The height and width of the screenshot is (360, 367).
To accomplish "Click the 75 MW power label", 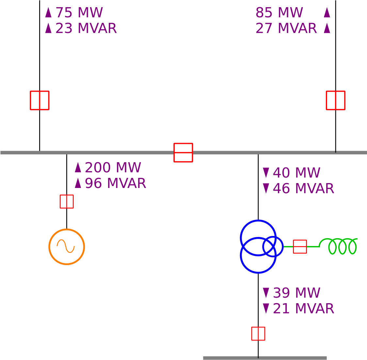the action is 79,12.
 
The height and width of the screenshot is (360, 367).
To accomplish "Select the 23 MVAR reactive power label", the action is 86,28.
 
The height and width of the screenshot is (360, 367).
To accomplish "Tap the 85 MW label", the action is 279,12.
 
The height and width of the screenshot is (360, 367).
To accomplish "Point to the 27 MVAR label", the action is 286,28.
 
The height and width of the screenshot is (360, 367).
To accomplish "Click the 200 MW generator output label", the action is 113,167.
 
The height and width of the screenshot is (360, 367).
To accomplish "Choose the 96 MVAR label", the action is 115,183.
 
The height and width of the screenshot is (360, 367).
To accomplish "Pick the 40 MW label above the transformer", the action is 296,173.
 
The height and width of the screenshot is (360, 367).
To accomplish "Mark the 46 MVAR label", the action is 303,189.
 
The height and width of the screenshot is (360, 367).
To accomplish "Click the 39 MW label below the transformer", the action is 296,293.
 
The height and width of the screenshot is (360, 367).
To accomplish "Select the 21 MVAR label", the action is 303,308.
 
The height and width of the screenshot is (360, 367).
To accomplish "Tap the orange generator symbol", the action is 67,229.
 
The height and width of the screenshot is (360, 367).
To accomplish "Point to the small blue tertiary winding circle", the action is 283,246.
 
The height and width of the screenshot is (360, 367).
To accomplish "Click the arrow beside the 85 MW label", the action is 327,12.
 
